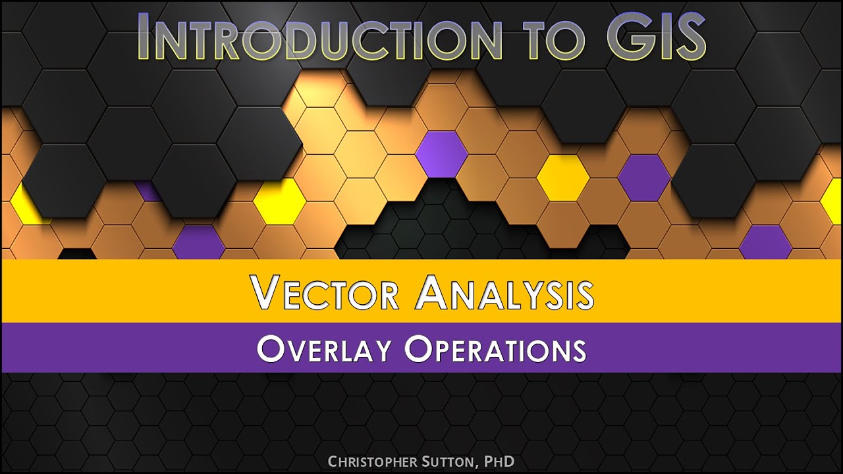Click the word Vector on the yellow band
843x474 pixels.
click(x=325, y=293)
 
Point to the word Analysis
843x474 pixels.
click(x=504, y=293)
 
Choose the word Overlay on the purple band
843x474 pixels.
click(x=325, y=349)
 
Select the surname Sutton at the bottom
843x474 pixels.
click(x=448, y=461)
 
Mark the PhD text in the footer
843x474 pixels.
click(x=499, y=461)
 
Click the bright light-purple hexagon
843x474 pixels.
click(x=441, y=154)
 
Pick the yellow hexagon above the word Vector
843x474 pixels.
click(x=279, y=201)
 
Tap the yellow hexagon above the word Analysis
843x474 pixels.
click(x=562, y=177)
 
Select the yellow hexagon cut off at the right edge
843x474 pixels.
click(x=833, y=201)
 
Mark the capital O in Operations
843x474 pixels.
click(x=419, y=349)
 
